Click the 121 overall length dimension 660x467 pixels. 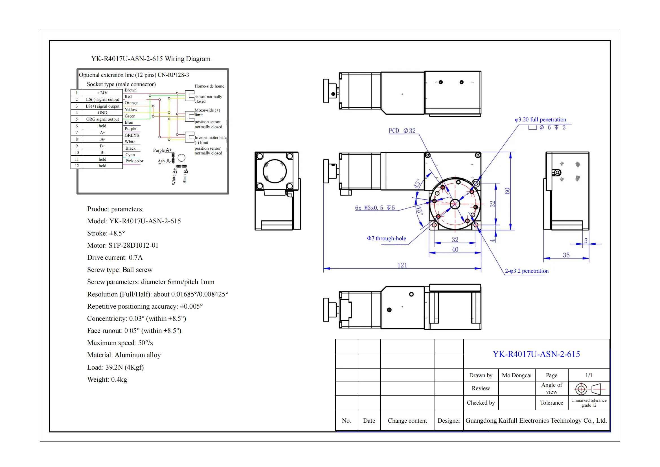click(402, 265)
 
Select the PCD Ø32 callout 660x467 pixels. click(402, 130)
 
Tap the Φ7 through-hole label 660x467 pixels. click(386, 238)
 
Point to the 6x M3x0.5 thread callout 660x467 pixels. click(374, 208)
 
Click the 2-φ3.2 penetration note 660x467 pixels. click(527, 271)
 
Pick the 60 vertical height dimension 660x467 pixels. click(507, 191)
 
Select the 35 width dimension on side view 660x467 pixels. click(566, 255)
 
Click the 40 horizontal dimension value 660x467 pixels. click(455, 249)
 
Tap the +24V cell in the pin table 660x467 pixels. click(103, 93)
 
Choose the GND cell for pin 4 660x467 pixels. click(103, 112)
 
